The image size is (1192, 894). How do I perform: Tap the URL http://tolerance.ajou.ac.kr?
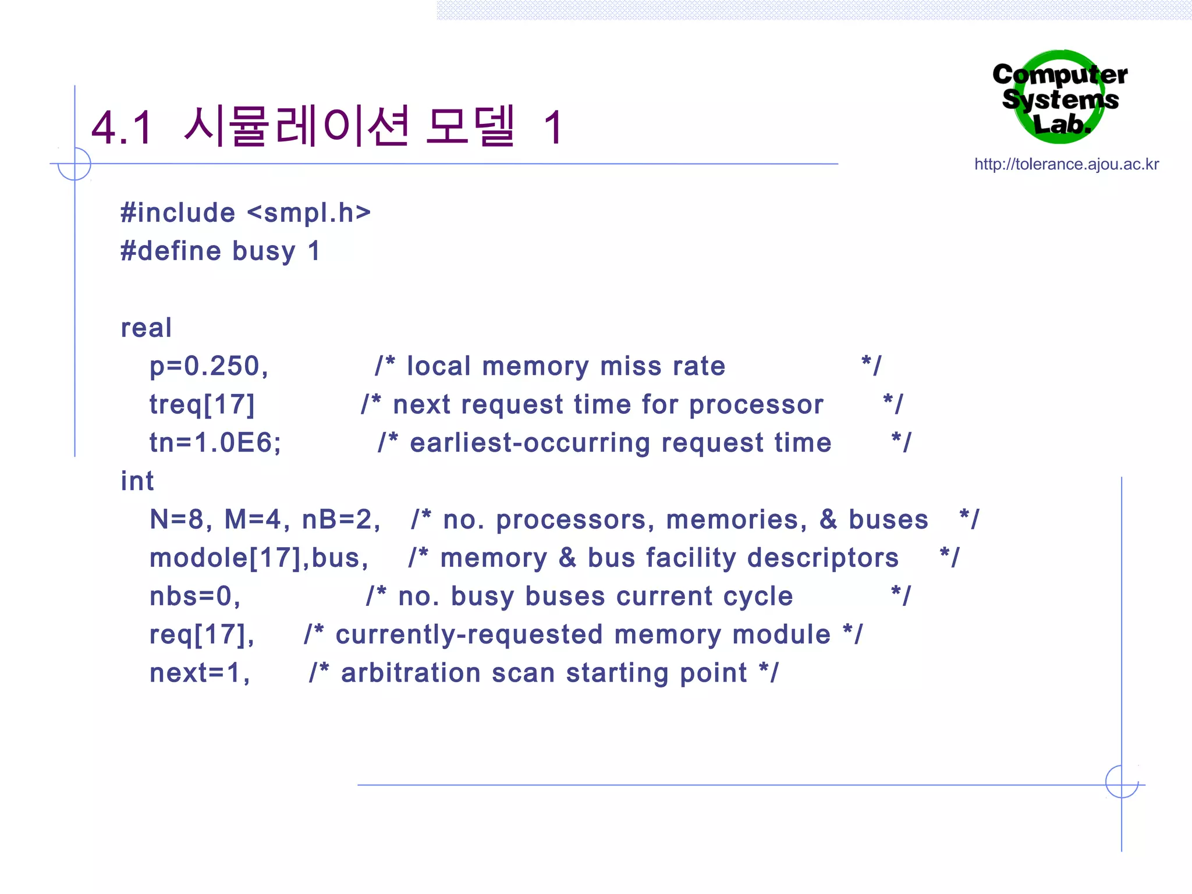point(1066,165)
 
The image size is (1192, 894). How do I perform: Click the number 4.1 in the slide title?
point(122,127)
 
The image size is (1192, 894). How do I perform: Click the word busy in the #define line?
point(264,251)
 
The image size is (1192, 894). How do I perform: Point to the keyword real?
point(146,328)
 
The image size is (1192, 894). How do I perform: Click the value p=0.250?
point(208,366)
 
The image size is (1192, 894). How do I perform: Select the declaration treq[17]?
point(202,405)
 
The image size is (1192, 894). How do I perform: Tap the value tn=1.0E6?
point(215,443)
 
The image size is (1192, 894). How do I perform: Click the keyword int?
point(137,481)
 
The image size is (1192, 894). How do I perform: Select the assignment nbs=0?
point(194,597)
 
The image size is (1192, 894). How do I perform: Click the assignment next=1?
point(199,673)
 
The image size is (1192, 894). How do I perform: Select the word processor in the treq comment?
point(756,405)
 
